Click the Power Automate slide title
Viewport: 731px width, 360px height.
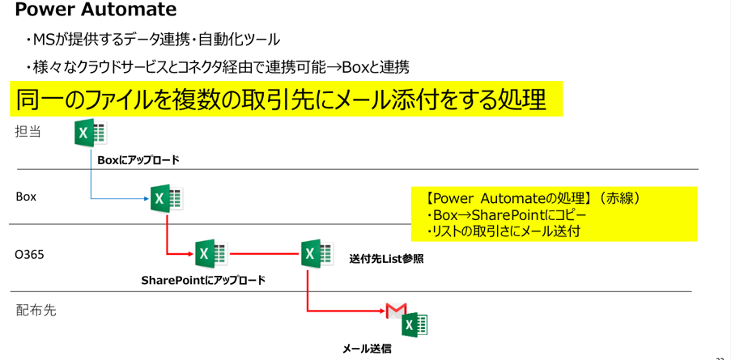(96, 11)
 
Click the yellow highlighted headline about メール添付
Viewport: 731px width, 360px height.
(281, 99)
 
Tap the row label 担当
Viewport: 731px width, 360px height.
(28, 131)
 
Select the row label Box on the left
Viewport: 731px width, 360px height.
(26, 197)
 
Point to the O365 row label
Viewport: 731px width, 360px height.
(29, 254)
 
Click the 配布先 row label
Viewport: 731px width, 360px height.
(36, 310)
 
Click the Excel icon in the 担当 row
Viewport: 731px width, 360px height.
(91, 133)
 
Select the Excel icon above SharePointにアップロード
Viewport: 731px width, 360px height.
(210, 254)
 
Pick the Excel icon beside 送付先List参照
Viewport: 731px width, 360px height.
(316, 254)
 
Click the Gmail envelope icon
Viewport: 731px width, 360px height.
(395, 311)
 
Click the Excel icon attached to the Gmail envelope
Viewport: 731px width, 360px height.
(414, 324)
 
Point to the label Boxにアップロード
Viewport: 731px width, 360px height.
(138, 160)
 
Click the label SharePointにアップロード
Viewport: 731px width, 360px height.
(203, 281)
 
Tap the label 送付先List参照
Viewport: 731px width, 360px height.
(386, 260)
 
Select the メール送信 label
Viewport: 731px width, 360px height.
(367, 349)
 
